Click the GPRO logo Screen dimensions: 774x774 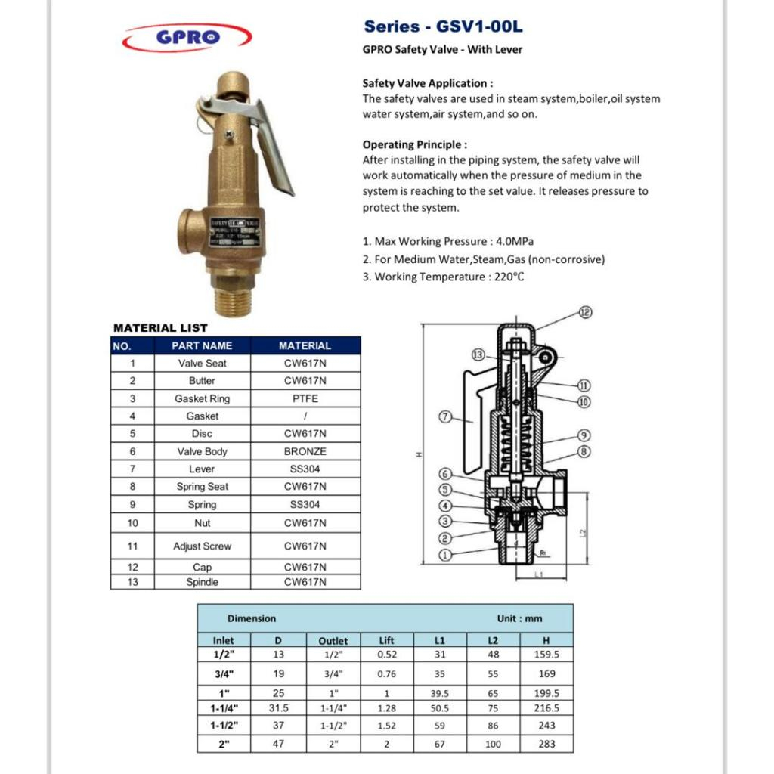pos(187,37)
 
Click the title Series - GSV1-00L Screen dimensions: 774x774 pos(443,27)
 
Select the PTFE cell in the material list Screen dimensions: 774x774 pos(305,398)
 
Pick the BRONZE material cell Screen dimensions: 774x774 pos(305,451)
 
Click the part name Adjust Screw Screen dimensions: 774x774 pos(202,546)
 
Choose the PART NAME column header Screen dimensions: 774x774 pos(202,345)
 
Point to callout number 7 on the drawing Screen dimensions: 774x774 pos(445,416)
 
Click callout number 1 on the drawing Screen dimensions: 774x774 pos(445,556)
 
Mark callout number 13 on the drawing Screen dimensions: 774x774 pos(478,354)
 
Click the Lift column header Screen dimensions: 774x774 pos(386,640)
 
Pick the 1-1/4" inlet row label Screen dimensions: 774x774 pos(224,708)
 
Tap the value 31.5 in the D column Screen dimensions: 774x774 pos(278,708)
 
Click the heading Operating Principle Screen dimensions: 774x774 pos(414,144)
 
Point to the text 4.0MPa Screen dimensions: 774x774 pos(514,242)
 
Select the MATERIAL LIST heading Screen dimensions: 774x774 pos(160,328)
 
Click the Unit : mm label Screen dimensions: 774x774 pos(519,618)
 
